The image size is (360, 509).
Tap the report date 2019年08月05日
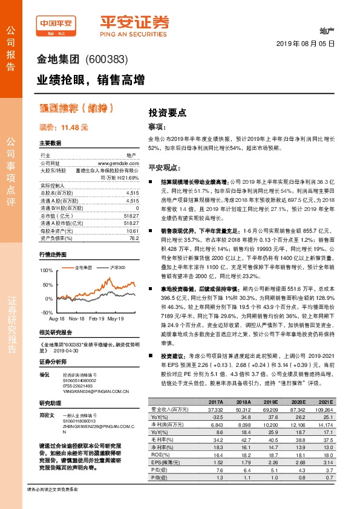(306, 44)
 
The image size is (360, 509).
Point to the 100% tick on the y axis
(46, 270)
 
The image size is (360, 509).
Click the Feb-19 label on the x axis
(98, 317)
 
